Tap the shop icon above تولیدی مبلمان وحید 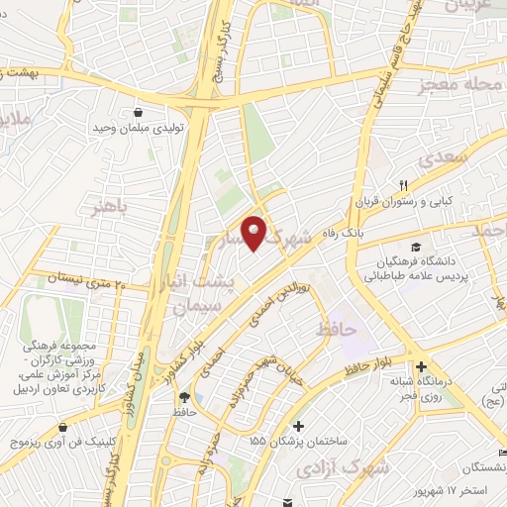pos(136,112)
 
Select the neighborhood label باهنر pos(107,209)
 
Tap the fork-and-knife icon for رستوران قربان pos(403,184)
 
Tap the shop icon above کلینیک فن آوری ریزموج pos(63,428)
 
